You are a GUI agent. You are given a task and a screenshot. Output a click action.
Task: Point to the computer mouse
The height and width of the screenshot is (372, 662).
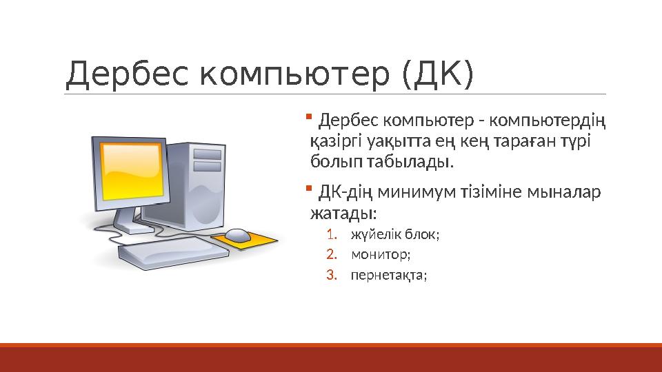239,235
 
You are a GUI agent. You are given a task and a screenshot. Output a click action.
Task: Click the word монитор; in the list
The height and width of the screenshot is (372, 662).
381,255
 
